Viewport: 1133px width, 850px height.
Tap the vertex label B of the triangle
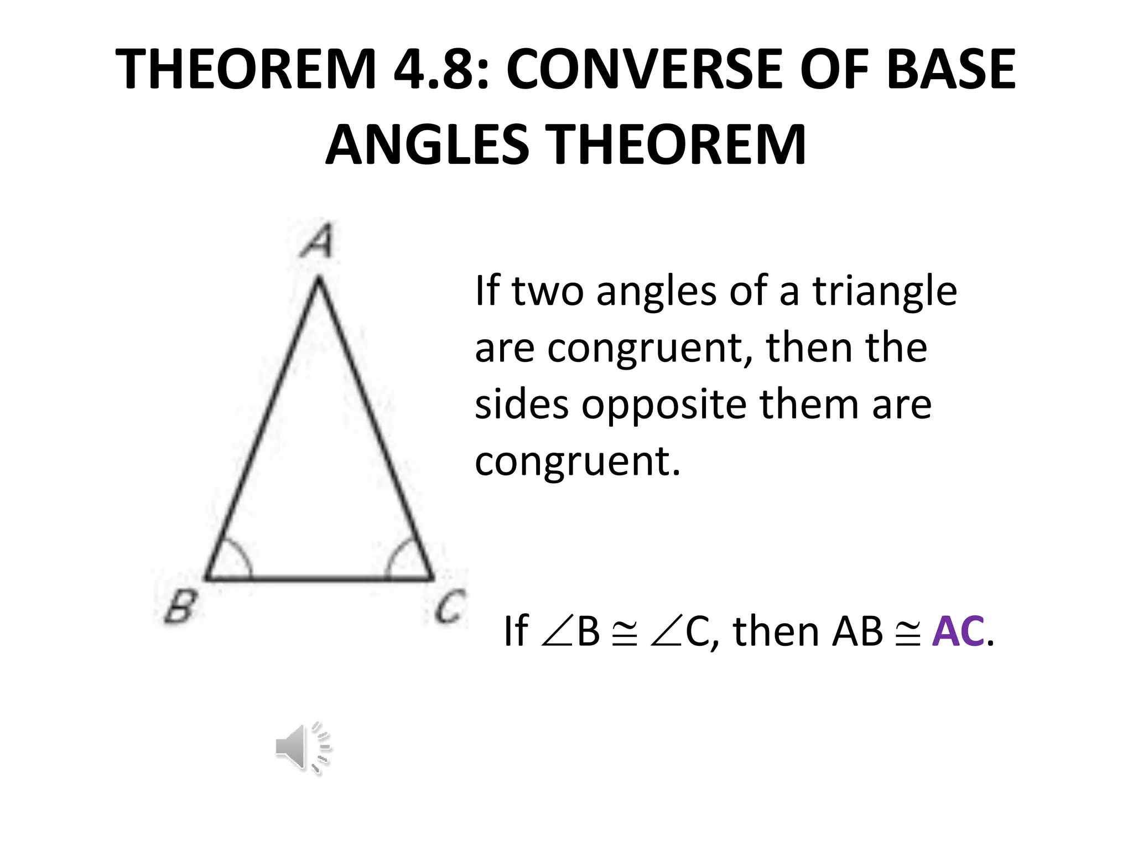coord(180,607)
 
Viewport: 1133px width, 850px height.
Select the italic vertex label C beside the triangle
coord(449,607)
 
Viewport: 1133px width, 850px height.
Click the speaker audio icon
coord(303,748)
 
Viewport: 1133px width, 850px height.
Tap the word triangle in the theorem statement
coord(884,291)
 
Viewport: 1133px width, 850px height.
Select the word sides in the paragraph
coord(521,404)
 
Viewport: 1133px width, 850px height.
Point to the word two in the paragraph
coord(547,291)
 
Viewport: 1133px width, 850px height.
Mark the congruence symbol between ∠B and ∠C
coord(625,631)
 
